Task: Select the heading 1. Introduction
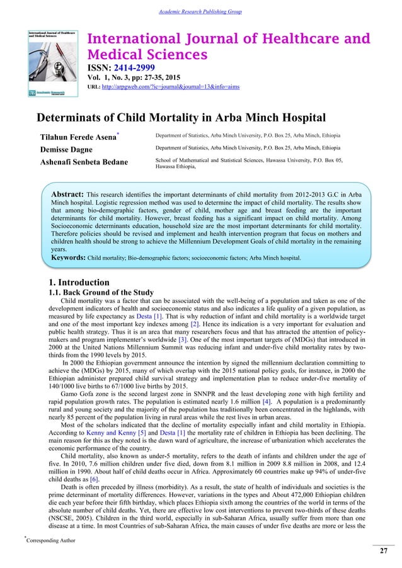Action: [79, 282]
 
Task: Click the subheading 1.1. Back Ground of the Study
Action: [100, 292]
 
